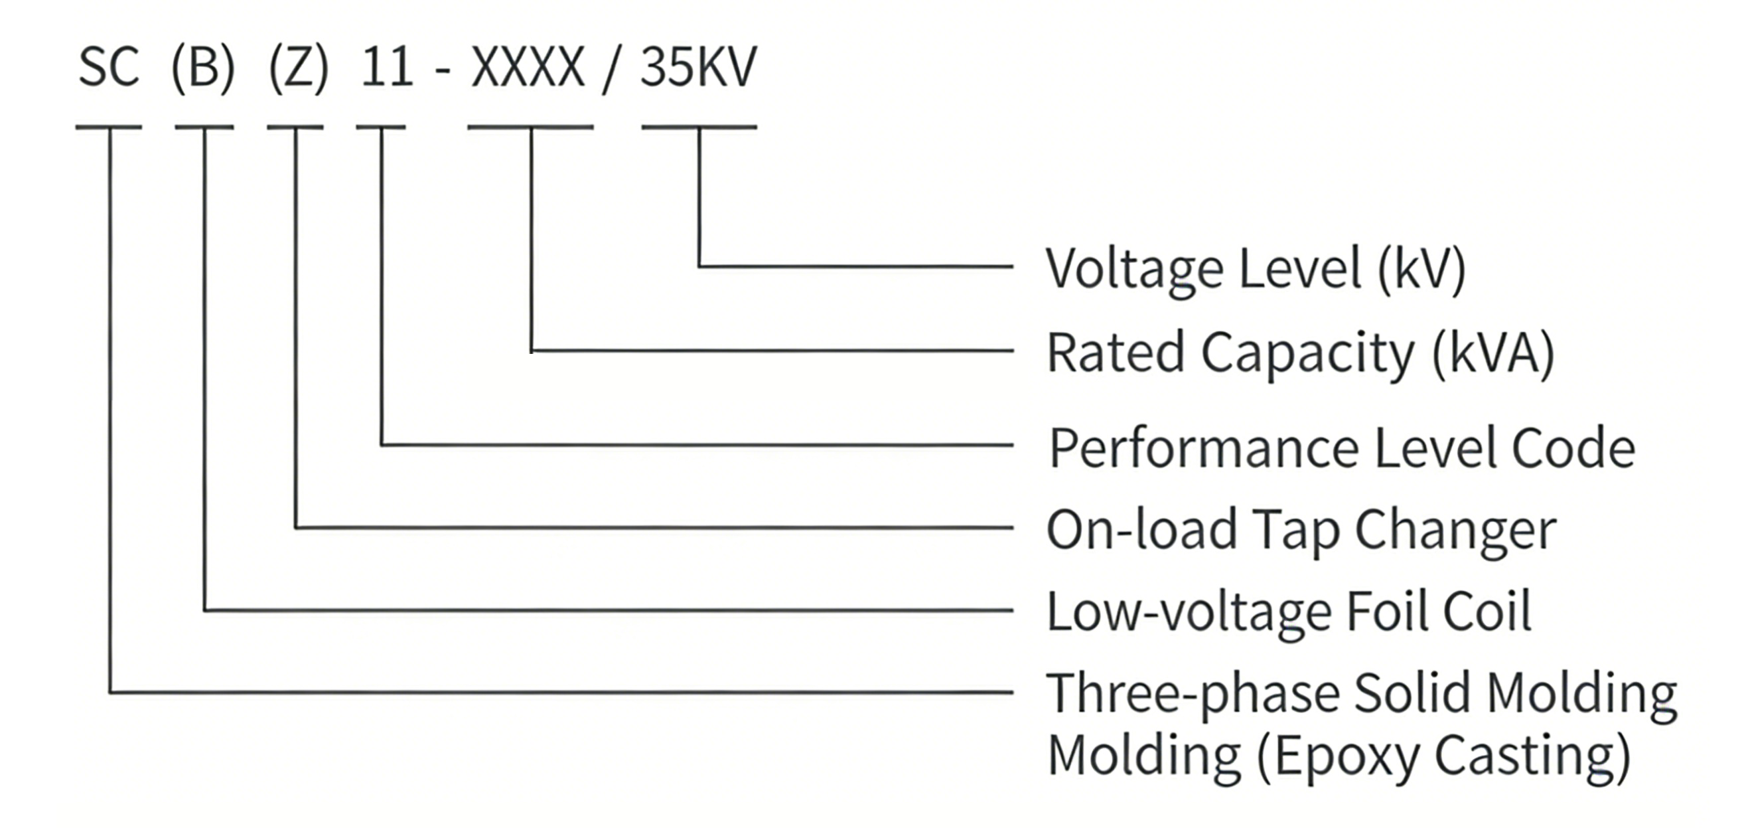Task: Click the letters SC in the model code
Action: pos(109,67)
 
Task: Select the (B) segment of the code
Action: pos(203,68)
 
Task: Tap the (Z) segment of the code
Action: pos(299,68)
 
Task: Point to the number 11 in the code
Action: pos(387,67)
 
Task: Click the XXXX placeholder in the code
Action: pos(528,67)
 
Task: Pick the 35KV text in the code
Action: pos(698,67)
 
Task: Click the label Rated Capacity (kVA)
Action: pos(1300,353)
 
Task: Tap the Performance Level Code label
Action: pos(1342,448)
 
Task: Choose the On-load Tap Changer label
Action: pos(1301,530)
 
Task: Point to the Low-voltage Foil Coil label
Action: pos(1289,612)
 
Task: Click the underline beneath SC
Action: pos(108,127)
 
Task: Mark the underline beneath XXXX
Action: pos(530,127)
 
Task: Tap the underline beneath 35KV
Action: pos(699,127)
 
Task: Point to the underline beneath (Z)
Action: pos(295,127)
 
